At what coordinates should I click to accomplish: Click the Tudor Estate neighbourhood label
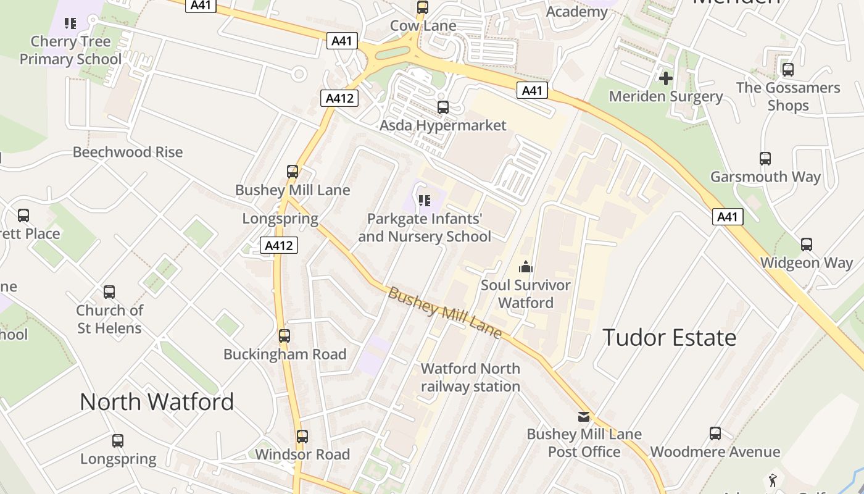click(669, 338)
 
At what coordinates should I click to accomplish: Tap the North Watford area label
click(157, 402)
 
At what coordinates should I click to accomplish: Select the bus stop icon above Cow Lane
click(423, 7)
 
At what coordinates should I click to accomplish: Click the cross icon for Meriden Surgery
click(665, 78)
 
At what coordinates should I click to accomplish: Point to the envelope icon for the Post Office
click(584, 416)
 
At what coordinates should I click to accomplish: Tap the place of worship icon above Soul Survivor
click(526, 267)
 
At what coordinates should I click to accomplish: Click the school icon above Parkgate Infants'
click(424, 200)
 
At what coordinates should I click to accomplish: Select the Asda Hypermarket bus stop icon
click(442, 107)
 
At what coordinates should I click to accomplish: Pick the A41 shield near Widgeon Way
click(728, 217)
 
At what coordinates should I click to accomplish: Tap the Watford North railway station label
click(470, 377)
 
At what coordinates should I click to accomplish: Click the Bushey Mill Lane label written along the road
click(444, 312)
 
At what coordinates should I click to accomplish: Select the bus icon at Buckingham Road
click(284, 336)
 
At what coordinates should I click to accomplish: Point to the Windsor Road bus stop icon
click(302, 437)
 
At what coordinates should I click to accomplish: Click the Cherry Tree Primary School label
click(71, 50)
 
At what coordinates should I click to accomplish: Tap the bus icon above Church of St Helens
click(109, 291)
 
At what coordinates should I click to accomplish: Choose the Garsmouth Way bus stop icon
click(765, 159)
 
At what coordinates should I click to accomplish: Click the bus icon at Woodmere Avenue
click(715, 433)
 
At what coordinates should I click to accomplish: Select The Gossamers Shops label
click(788, 96)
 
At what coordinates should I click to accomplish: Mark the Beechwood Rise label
click(128, 152)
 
